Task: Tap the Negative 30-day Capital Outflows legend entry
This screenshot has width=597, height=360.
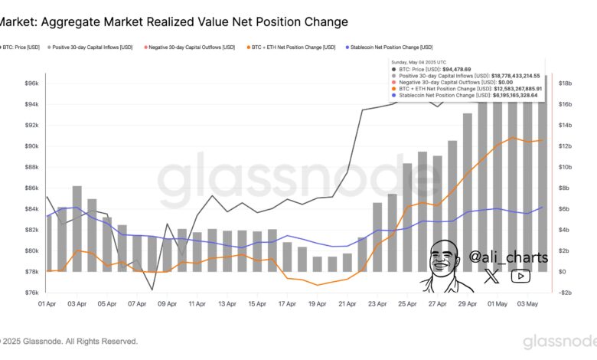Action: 191,48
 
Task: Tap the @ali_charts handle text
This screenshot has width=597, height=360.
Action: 508,257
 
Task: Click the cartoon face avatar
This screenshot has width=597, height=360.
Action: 444,264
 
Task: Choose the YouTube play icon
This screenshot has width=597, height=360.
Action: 520,277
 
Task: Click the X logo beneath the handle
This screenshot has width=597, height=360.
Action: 492,277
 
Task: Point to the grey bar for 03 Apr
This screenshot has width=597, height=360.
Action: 77,228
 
